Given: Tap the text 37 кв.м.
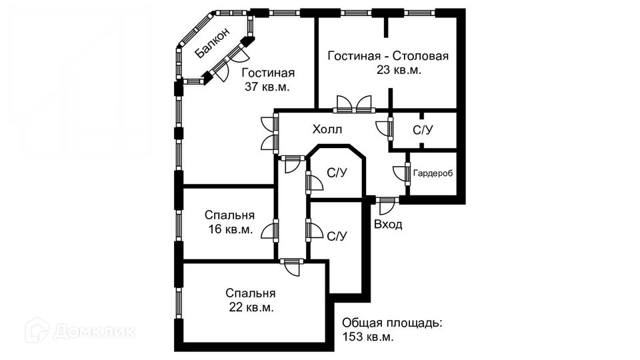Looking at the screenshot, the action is point(268,87).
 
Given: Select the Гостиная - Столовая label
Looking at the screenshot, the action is point(388,56).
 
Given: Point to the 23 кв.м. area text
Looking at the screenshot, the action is point(399,70).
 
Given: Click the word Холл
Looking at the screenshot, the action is point(327,129).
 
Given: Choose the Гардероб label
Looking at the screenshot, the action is point(433,173).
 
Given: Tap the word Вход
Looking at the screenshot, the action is point(388,224).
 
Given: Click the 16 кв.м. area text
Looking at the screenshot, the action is point(229,230).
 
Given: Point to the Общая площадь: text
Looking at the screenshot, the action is point(392,323).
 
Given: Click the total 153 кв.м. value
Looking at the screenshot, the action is point(368,337).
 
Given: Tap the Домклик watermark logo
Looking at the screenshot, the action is point(80,330).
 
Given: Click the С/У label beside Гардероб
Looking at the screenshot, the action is point(423,130).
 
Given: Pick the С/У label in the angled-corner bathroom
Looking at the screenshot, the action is point(336,173).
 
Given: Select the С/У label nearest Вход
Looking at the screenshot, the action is point(336,235).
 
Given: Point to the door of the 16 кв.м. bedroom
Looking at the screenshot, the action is point(271,230).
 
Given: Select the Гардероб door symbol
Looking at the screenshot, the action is point(402,173).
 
